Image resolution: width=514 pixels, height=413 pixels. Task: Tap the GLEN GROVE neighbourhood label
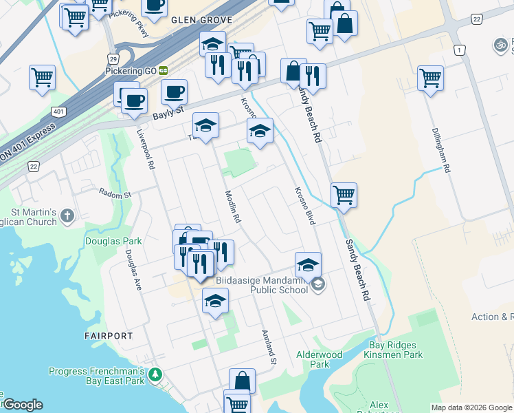pos(202,21)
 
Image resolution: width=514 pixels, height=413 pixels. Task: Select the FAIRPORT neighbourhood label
pos(108,336)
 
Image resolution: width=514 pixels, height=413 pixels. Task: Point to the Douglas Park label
pos(113,241)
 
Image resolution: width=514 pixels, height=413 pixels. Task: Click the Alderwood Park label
pos(319,359)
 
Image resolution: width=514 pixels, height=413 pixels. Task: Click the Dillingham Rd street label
pos(441,149)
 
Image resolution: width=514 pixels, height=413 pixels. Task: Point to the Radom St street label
pos(115,193)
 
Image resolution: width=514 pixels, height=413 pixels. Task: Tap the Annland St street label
pos(268,347)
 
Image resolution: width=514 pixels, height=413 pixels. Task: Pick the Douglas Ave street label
pos(133,269)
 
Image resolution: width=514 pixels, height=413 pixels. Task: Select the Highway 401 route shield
pos(58,111)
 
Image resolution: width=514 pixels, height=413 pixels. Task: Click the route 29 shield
pos(113,61)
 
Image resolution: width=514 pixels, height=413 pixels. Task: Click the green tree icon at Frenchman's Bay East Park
pos(156,375)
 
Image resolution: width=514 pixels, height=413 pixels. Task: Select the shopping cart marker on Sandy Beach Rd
pos(343,195)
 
